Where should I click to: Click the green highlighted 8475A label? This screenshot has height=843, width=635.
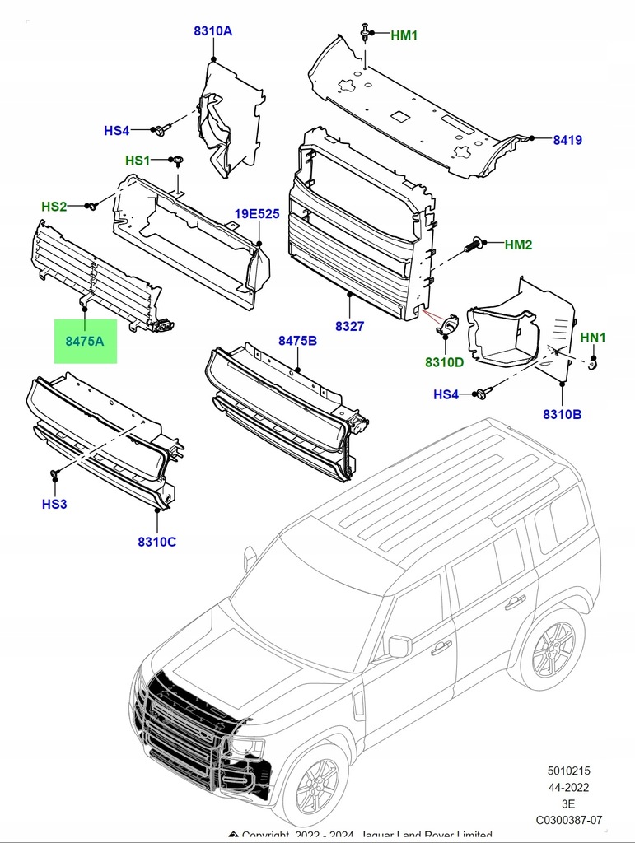click(x=85, y=340)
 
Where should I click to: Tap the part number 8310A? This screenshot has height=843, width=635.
click(x=212, y=31)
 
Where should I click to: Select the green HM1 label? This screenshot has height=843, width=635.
click(x=404, y=35)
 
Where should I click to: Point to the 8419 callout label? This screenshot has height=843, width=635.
click(x=567, y=140)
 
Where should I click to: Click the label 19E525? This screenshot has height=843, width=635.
click(x=257, y=214)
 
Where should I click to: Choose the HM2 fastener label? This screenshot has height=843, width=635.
click(x=518, y=245)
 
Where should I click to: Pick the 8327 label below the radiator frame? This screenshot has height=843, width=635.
click(x=349, y=326)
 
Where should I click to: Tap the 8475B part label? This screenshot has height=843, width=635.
click(x=297, y=341)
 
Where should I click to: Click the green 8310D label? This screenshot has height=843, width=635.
click(x=444, y=362)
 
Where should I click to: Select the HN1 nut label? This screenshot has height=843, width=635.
click(x=593, y=338)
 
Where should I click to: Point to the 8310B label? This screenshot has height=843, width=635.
click(x=562, y=414)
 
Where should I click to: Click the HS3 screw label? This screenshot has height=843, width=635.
click(x=54, y=503)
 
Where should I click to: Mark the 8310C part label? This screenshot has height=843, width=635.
click(x=156, y=541)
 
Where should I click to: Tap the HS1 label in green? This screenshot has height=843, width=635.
click(x=138, y=161)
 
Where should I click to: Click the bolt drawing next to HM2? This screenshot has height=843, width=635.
click(x=475, y=245)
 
